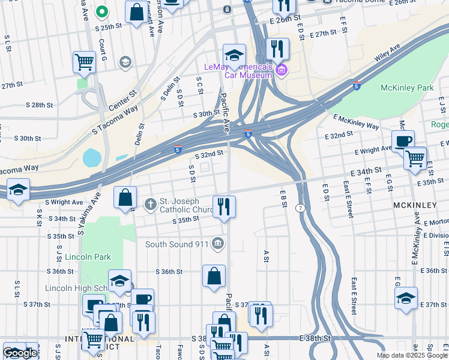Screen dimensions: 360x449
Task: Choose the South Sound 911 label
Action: click(176, 244)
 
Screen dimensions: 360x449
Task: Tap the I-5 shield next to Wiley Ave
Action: click(357, 86)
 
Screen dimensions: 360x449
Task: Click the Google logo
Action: click(20, 353)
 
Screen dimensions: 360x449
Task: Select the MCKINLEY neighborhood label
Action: click(415, 205)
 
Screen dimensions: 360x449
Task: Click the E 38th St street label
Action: click(315, 338)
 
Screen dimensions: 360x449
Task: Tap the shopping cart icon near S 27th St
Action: click(84, 61)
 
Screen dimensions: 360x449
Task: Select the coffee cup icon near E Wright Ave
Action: click(403, 141)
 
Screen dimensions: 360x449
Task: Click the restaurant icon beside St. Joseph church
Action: click(224, 206)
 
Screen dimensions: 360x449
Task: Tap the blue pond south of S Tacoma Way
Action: click(92, 158)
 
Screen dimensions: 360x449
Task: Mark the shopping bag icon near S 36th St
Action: click(214, 276)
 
